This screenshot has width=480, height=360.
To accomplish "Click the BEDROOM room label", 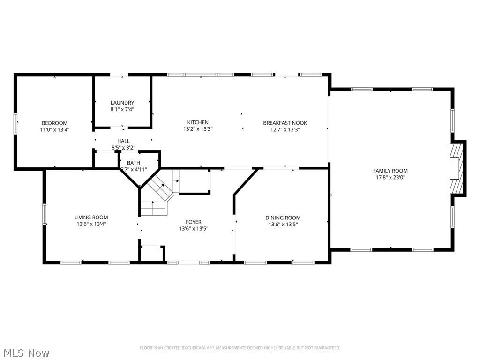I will point(54,123).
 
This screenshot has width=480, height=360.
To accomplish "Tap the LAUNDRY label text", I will point(122,103).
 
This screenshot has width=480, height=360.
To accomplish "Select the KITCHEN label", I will point(198,123).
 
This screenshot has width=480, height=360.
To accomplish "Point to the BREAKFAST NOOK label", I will point(285,123).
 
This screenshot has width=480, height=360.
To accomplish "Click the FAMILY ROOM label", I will point(390,171).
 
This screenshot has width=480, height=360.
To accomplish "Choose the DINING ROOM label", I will point(283,217).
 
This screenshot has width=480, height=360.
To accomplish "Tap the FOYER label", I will point(193,222).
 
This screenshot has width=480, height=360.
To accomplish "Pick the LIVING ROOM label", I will point(91,217).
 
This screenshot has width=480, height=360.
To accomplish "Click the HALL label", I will point(123,141).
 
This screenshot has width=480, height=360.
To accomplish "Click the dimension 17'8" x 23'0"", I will point(390,178).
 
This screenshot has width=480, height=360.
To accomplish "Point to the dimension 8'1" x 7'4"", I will point(122,109).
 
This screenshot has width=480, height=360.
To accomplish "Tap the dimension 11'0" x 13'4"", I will point(54,129).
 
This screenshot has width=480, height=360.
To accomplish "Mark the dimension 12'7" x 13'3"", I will point(285,129).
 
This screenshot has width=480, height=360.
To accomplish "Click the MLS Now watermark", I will point(26,352).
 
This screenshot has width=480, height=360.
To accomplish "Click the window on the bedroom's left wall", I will point(15,123).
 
